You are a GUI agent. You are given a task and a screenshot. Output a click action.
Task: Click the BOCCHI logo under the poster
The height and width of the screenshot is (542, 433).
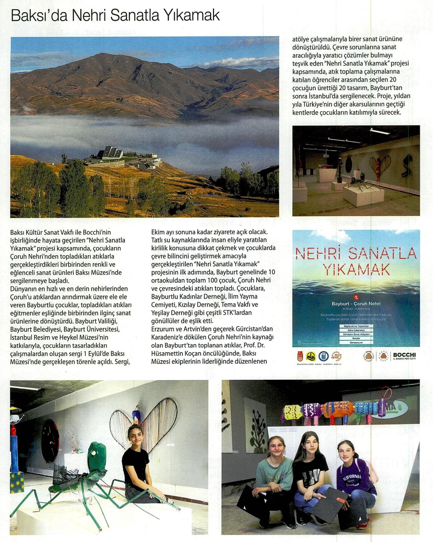click(404, 356)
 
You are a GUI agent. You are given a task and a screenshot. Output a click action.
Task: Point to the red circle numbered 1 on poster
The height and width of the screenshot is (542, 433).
click(356, 296)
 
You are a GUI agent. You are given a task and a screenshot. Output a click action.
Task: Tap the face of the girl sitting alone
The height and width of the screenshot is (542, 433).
click(135, 435)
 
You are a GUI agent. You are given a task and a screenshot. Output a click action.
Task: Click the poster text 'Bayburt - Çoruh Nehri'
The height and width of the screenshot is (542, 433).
click(356, 304)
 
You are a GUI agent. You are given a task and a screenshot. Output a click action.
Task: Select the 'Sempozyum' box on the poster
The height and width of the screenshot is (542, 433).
click(356, 342)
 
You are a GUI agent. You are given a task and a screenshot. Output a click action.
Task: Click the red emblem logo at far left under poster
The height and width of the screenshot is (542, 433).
click(300, 356)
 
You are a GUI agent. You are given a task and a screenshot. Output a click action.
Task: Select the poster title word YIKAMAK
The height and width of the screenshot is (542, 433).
click(356, 270)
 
